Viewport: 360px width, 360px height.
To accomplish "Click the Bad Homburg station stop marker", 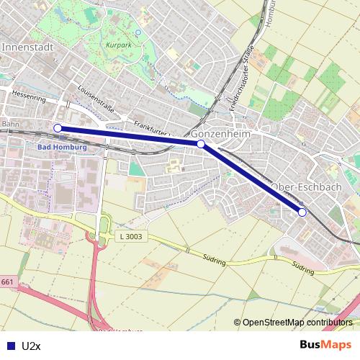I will point(58,128).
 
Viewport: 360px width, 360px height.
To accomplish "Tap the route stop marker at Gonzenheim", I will point(201,144).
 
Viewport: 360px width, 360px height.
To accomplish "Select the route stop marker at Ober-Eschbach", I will point(302,212).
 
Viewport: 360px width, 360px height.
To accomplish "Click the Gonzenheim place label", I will point(220,134).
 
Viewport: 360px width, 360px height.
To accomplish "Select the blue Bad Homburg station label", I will point(61,147).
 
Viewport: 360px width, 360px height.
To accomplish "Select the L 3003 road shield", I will point(130,237).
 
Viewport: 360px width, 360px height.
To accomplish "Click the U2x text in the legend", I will point(31,346).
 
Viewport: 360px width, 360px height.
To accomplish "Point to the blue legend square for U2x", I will point(10,346).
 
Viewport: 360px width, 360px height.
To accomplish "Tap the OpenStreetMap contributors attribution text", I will point(296,323).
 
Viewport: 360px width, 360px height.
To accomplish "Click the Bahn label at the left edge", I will point(9,124).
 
